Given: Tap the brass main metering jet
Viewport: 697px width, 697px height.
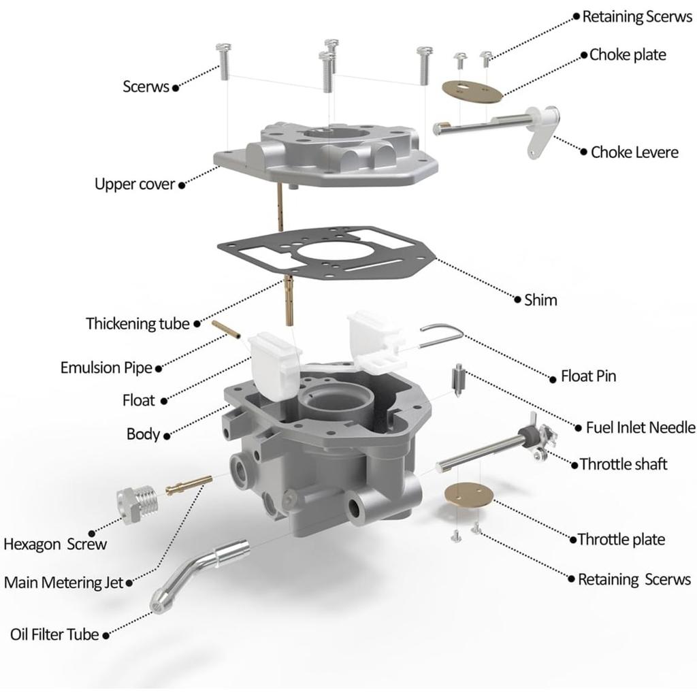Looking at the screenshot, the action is tap(189, 485).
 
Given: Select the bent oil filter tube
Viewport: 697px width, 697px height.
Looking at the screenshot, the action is tap(199, 576).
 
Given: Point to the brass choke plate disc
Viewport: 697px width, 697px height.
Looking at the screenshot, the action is tap(472, 91).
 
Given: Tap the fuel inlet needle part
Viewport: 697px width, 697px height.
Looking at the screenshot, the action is tap(458, 380).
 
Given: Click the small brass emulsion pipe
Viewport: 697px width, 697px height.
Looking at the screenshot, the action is tap(226, 330).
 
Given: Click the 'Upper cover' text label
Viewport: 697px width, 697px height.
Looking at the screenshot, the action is tap(135, 184).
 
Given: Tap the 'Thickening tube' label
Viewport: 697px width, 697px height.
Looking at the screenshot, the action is tap(137, 323).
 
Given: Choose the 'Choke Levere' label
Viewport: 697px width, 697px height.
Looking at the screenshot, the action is tap(634, 152).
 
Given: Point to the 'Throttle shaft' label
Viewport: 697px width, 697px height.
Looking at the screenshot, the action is tap(623, 464).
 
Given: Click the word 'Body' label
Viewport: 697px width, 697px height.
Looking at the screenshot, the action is tap(143, 434).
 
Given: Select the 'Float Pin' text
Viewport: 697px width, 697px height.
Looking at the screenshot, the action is tap(588, 376).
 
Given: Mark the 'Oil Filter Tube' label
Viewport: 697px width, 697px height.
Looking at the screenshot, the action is tap(54, 634).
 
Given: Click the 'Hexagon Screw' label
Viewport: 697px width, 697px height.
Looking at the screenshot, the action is tap(55, 544).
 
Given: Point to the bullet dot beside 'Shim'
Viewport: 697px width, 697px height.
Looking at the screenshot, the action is tap(517, 299).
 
